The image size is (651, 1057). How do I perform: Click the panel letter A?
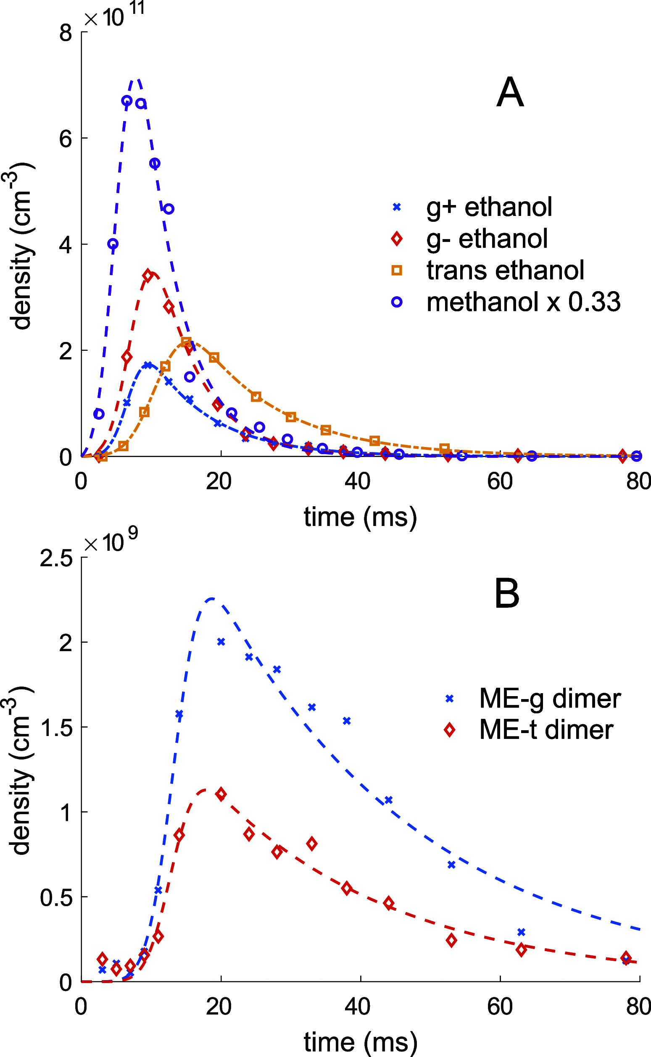point(510,92)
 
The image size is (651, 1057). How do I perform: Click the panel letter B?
point(507,594)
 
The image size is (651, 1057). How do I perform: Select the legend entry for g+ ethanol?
point(489,207)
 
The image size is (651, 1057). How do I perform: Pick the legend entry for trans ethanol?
point(505,270)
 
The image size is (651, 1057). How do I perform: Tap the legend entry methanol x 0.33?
point(523,302)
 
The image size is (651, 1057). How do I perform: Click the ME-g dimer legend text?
point(550,698)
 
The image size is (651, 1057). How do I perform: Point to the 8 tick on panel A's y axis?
point(66,33)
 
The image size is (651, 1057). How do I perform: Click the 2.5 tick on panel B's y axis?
point(56,558)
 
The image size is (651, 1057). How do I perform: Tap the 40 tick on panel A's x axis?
point(357,481)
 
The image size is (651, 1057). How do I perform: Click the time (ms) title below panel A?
point(360,516)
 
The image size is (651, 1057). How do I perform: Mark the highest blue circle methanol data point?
point(127,101)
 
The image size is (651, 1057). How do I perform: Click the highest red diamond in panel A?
point(148,276)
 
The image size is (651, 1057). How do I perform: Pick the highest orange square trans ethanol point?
point(186,342)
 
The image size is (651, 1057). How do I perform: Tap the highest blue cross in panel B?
point(221,642)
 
